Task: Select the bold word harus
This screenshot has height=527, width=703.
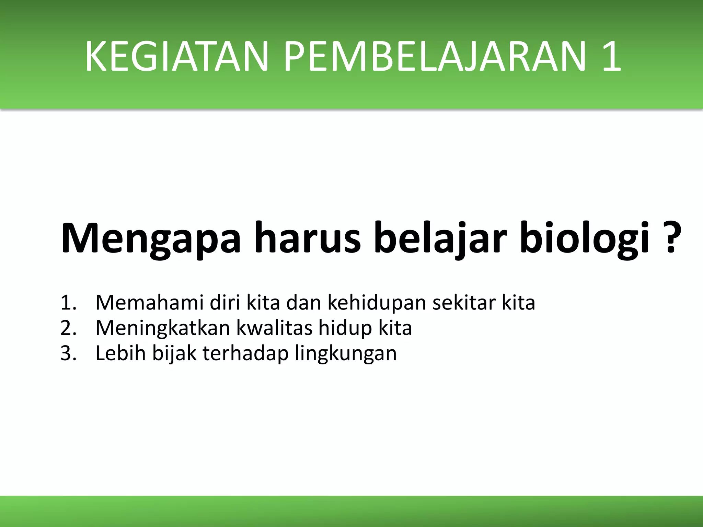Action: pyautogui.click(x=307, y=238)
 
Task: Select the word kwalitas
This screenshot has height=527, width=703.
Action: pyautogui.click(x=275, y=328)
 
